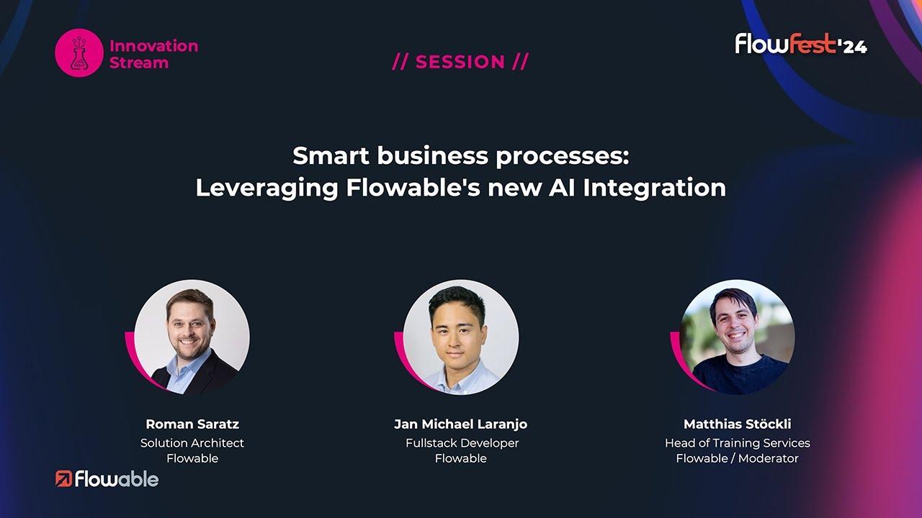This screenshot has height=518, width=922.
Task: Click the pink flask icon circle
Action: pos(79,53)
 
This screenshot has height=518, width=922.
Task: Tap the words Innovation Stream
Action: pos(154,54)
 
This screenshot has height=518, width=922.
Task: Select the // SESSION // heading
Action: pos(460,62)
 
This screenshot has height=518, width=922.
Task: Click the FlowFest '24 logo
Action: pos(801,44)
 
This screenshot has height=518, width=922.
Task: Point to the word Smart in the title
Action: pos(331,156)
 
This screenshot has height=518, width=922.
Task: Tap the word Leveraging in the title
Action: pos(267,188)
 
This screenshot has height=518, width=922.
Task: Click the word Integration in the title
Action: pos(655,188)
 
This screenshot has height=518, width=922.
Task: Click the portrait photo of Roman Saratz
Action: pos(192,337)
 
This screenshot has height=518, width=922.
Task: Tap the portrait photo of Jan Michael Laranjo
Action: pos(461,337)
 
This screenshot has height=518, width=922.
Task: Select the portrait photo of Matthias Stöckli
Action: pos(737,337)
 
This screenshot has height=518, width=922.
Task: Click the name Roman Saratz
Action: pos(192,424)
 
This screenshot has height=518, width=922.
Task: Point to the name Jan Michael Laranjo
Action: pos(460,424)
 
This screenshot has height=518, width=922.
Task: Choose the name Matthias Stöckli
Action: pos(737,424)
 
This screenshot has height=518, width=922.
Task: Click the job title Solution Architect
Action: pos(192,442)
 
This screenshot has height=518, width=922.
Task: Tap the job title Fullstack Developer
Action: pos(462,443)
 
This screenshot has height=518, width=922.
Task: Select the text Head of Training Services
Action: pos(737,443)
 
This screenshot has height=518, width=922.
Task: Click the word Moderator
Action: pos(768,458)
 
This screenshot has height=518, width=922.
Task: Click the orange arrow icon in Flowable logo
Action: pos(63,479)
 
